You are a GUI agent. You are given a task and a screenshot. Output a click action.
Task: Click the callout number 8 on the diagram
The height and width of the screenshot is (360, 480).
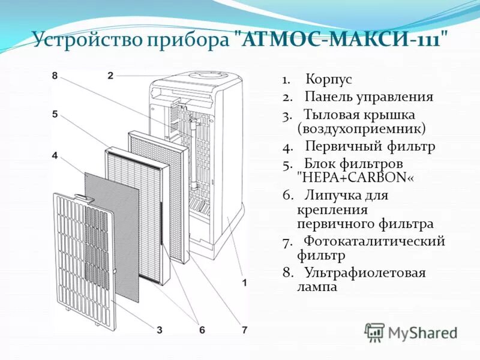(x=55, y=76)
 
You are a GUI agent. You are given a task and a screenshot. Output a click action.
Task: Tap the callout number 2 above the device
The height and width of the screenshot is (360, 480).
(x=110, y=76)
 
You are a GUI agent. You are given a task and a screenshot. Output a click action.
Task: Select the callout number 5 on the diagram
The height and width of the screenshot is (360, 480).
(x=55, y=114)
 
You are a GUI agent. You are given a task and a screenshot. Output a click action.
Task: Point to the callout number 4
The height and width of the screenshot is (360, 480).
(x=55, y=155)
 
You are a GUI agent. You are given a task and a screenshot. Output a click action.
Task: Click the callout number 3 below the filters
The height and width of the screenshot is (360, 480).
(x=160, y=329)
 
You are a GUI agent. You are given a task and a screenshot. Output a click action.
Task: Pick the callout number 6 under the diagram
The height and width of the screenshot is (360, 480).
(x=202, y=329)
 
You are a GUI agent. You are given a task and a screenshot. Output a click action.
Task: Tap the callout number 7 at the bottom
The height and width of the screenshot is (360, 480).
(x=244, y=329)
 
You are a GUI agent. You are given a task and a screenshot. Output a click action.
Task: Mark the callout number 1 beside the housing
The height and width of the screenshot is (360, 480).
(x=244, y=282)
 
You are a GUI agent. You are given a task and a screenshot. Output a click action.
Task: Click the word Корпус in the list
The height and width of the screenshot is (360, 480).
(x=328, y=79)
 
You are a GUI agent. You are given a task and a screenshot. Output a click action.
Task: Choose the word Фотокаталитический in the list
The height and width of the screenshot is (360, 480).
(x=374, y=241)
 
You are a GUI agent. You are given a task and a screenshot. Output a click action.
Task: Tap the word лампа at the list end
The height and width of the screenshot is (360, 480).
(x=317, y=287)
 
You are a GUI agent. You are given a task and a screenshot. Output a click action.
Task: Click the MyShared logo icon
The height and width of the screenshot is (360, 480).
(x=374, y=332)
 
